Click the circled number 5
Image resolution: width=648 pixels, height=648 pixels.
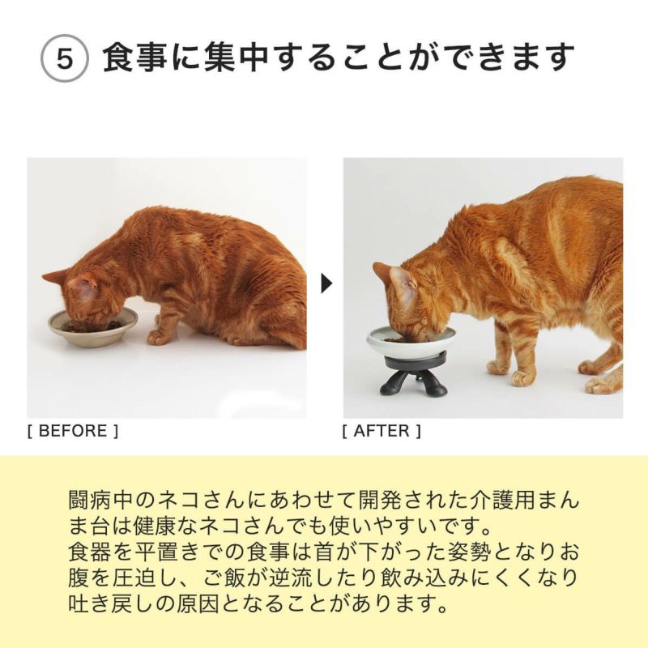pos(64,62)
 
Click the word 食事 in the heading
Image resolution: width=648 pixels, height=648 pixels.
pos(133,59)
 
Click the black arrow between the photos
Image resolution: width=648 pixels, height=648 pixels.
pos(326,284)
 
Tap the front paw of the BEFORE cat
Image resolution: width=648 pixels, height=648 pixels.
pos(159,336)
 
